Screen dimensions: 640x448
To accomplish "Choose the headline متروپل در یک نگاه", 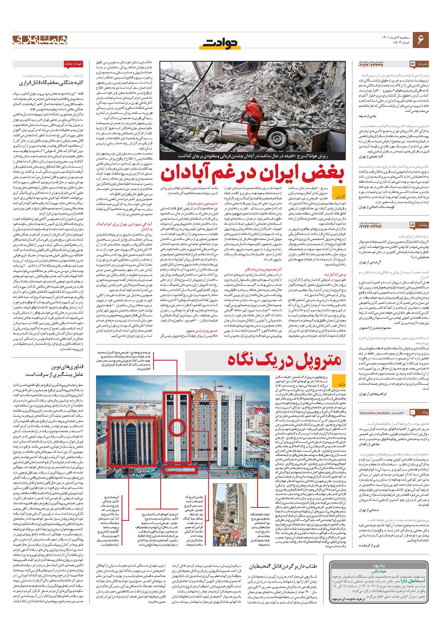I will (x=284, y=360).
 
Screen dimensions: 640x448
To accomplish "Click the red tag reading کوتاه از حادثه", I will (x=73, y=64).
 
